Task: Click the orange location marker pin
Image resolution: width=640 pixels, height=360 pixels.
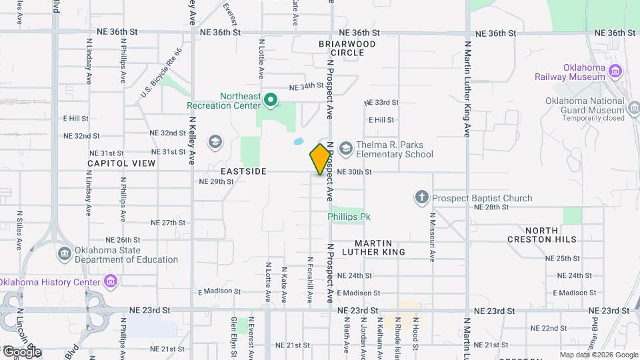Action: click(x=320, y=159)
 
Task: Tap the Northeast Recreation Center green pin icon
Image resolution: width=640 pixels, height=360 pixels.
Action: click(x=270, y=101)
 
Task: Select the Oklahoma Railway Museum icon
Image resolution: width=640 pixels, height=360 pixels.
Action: click(x=615, y=71)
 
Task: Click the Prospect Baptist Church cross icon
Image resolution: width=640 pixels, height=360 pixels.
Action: click(x=421, y=197)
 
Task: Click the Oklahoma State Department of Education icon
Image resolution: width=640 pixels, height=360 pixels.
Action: click(x=65, y=254)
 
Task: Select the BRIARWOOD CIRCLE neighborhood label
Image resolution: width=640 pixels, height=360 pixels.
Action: click(x=347, y=48)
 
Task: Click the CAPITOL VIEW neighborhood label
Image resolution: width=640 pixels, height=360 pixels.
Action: click(x=121, y=163)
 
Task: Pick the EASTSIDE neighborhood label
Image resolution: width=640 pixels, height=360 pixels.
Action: click(x=244, y=171)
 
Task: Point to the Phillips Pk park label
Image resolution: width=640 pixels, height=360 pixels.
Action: click(x=348, y=217)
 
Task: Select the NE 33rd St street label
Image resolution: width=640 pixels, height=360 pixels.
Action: click(x=382, y=103)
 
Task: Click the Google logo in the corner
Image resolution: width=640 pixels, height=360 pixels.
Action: click(x=21, y=351)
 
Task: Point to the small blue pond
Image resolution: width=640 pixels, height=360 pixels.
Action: click(x=298, y=141)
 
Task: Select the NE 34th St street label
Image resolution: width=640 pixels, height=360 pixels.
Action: click(x=306, y=87)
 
